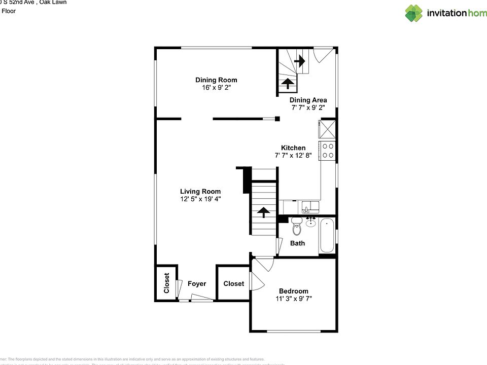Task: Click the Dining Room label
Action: tap(216, 80)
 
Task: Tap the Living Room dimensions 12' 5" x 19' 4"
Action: tap(200, 199)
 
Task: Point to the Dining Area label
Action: tap(308, 100)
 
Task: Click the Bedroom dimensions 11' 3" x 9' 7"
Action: tap(293, 299)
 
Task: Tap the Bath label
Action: tap(297, 243)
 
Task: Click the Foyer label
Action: tap(197, 284)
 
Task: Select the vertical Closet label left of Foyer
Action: tap(166, 283)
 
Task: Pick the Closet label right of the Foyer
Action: tap(233, 284)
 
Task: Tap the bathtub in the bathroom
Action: tap(327, 236)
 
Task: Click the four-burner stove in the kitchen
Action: tap(327, 151)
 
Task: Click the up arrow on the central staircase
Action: tap(264, 212)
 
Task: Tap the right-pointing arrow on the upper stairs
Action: tap(299, 61)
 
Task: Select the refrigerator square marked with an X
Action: tap(327, 129)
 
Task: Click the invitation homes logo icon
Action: tap(413, 13)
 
